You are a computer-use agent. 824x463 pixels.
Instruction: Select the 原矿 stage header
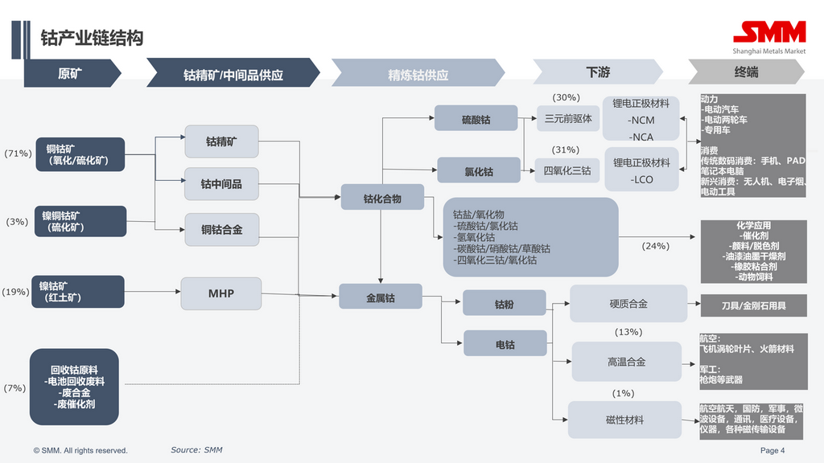coord(70,73)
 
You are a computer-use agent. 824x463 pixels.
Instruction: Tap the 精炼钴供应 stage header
coord(418,75)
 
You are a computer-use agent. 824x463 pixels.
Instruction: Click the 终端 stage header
coord(746,72)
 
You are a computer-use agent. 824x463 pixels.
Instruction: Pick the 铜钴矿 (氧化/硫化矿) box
coord(80,154)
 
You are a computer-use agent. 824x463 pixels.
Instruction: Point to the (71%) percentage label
coord(18,154)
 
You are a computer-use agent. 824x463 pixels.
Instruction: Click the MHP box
coord(221,293)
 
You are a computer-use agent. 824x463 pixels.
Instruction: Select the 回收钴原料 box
coord(74,387)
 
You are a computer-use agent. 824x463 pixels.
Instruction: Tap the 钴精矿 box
coord(221,141)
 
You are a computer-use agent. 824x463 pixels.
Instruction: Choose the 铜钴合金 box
coord(221,230)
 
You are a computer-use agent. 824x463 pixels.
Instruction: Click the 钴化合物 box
coord(382,198)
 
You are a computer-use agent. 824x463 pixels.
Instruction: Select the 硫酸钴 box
coord(476,119)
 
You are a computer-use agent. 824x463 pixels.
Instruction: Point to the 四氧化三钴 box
coord(567,170)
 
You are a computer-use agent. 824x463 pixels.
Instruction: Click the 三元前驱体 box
coord(568,119)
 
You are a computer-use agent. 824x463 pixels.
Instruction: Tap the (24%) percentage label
coord(655,246)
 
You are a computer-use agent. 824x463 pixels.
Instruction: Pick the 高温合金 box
coord(626,362)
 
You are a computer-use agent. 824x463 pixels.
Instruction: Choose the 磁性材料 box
coord(624,420)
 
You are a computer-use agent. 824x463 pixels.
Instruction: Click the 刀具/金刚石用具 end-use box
coord(753,306)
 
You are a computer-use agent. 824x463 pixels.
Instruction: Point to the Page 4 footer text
coord(772,450)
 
